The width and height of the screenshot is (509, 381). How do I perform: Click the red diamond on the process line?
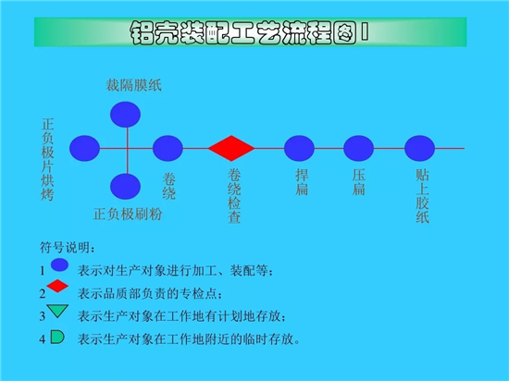(x=231, y=148)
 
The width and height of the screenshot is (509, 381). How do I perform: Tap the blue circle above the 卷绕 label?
(x=168, y=148)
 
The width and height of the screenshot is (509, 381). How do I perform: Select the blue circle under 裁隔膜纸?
(x=125, y=115)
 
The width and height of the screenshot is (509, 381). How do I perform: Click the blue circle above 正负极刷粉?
(x=125, y=187)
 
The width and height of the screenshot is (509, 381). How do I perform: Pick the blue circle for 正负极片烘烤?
(x=84, y=148)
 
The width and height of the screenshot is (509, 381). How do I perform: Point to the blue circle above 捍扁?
(x=299, y=148)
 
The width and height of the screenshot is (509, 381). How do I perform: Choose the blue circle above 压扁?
(x=358, y=148)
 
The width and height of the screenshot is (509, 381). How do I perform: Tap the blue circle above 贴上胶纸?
(x=419, y=148)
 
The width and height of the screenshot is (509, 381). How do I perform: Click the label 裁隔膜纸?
(x=134, y=86)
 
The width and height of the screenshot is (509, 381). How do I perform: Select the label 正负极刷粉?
(x=128, y=214)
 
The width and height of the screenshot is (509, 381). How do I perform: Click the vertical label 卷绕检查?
(x=234, y=196)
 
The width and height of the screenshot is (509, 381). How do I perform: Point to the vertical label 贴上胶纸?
(x=422, y=196)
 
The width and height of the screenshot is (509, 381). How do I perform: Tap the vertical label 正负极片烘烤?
(x=47, y=160)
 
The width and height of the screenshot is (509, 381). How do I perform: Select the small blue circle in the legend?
(x=60, y=264)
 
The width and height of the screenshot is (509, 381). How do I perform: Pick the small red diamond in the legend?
(x=57, y=286)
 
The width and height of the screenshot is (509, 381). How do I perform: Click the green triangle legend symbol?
(x=57, y=311)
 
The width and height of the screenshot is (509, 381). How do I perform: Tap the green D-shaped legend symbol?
(x=57, y=337)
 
